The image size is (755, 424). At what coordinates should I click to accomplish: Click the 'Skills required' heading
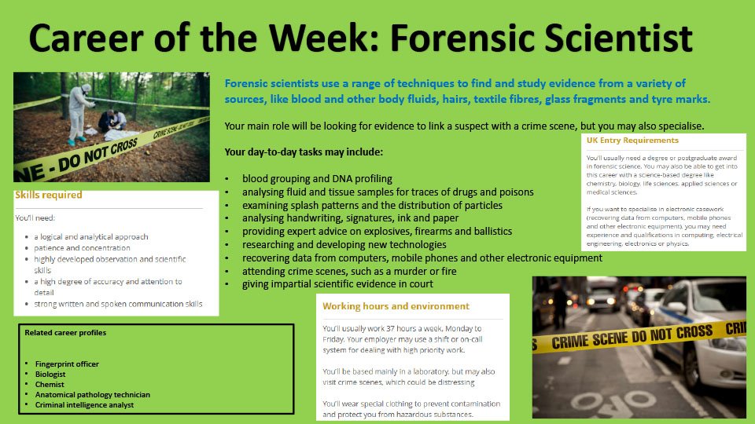coord(49,196)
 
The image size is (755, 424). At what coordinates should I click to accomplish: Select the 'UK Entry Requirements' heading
coord(632,141)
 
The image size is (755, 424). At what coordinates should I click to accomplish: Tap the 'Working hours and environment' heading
coord(396,306)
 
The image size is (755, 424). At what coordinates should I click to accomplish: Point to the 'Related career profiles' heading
coord(65,333)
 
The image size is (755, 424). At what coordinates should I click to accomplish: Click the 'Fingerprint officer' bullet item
coord(67,364)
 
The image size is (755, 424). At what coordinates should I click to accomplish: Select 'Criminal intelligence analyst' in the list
coord(84,405)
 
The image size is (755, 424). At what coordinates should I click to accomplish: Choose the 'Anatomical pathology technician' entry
coord(93,395)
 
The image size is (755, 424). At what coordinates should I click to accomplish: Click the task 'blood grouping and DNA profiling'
coord(317,179)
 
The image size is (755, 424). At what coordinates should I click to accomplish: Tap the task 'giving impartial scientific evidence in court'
coord(337,284)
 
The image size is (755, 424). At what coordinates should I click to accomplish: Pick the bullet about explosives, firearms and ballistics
coord(377,231)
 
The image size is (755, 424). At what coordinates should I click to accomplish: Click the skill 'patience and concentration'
coord(82,248)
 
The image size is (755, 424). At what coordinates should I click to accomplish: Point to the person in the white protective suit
coord(79,113)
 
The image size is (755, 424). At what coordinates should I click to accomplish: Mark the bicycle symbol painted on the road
coord(609,400)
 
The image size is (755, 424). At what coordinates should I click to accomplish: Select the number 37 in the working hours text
coord(390,329)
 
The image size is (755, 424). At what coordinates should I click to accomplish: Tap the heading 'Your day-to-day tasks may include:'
coord(304,152)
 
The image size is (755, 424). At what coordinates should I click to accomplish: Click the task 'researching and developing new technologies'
coord(344,245)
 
